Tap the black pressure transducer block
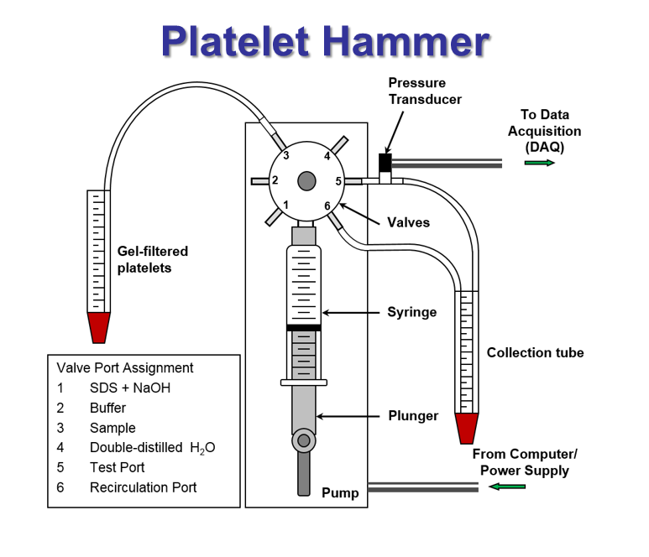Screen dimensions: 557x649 click(x=385, y=161)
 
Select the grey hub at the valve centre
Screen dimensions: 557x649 click(x=306, y=180)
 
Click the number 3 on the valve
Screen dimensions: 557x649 click(x=286, y=155)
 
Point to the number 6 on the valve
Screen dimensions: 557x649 click(x=327, y=206)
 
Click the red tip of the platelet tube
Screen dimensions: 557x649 click(x=99, y=327)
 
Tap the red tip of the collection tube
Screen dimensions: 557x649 click(x=466, y=428)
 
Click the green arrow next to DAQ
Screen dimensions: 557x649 click(x=540, y=162)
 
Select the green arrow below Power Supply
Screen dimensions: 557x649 click(x=508, y=487)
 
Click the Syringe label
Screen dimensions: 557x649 click(x=411, y=312)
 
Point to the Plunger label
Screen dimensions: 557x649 click(x=413, y=415)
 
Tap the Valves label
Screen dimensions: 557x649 click(x=409, y=222)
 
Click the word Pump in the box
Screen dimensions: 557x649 click(x=340, y=493)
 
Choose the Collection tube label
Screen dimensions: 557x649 click(x=535, y=352)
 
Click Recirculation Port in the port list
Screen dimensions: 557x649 click(x=143, y=487)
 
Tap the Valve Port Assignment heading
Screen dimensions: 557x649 click(x=125, y=367)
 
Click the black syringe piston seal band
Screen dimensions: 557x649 click(x=303, y=327)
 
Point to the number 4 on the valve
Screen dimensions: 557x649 click(x=327, y=155)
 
